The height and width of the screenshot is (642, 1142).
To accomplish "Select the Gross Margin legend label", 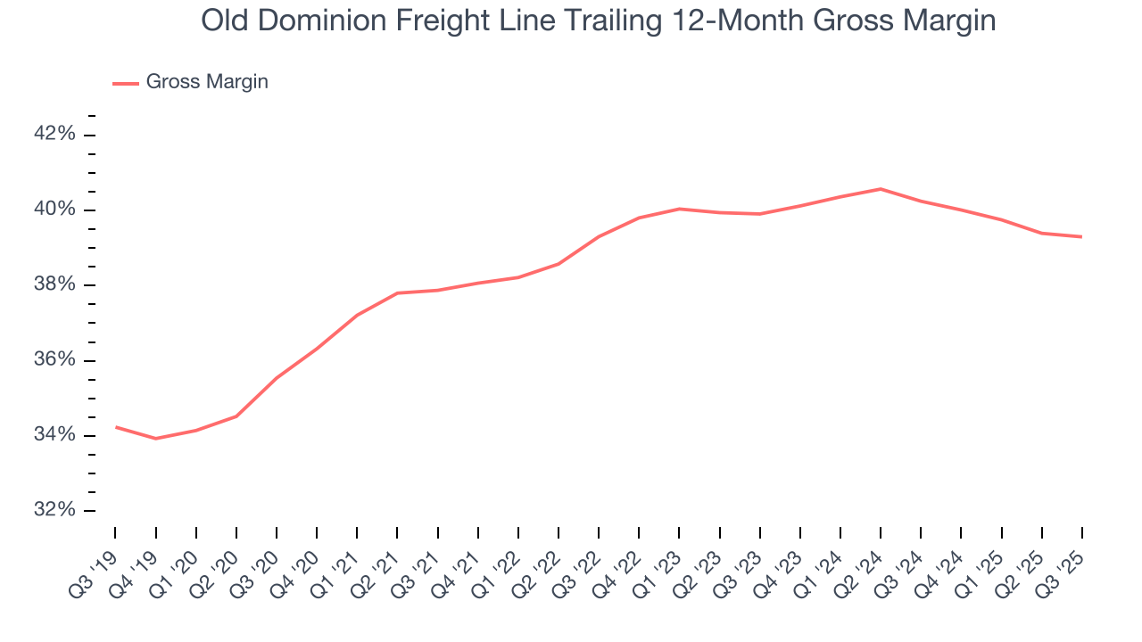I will click(207, 82).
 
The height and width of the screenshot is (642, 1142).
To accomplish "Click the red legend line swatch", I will click(125, 83).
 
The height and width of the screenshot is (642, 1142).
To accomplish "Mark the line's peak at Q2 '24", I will click(881, 189).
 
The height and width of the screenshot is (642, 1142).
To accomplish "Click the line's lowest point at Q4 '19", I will click(156, 439).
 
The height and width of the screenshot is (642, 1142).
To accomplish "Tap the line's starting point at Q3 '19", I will click(116, 427).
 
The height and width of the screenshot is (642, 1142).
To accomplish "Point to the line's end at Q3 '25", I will click(1082, 236).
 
